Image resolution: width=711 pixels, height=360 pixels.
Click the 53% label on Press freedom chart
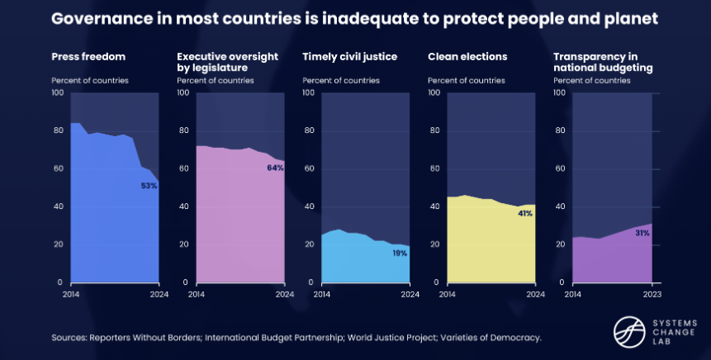click(x=149, y=186)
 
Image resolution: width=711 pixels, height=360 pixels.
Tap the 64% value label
click(x=275, y=168)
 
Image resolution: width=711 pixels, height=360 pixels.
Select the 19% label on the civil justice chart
click(x=400, y=253)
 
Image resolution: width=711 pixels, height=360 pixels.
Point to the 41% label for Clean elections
click(x=525, y=213)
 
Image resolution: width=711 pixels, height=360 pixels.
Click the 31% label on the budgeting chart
click(x=642, y=233)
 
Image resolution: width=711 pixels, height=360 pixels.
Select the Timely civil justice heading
click(x=349, y=57)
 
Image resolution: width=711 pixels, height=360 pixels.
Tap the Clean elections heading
click(x=467, y=57)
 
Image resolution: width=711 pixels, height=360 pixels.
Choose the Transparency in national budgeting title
click(x=603, y=62)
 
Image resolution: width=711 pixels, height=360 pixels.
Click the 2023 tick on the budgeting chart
click(x=652, y=293)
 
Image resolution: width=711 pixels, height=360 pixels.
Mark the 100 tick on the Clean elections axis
click(x=434, y=92)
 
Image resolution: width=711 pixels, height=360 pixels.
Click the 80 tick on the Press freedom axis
click(x=57, y=130)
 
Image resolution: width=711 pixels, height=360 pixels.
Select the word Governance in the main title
click(x=101, y=19)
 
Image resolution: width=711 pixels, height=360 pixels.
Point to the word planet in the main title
click(x=635, y=19)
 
